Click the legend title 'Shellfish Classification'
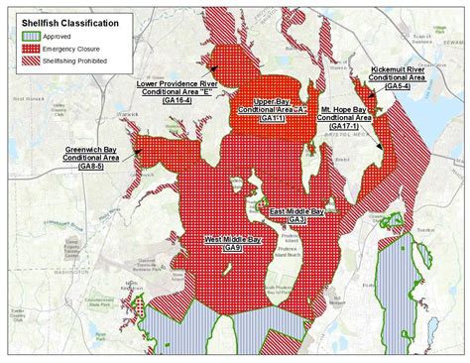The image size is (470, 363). (x=60, y=20)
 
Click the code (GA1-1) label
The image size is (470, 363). (x=272, y=118)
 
